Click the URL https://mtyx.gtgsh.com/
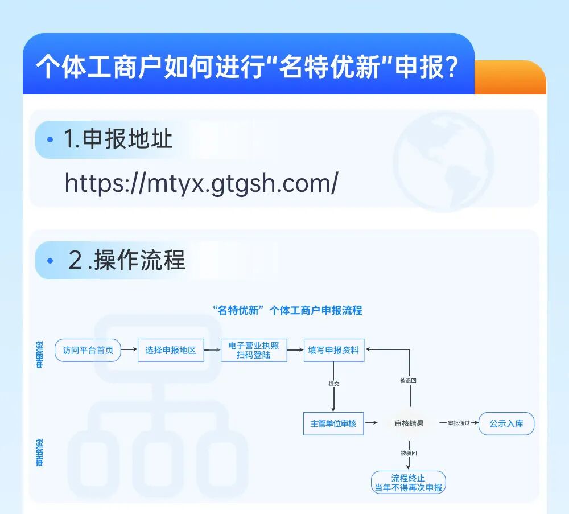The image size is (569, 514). pyautogui.click(x=201, y=183)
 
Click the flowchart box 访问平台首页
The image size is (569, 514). pyautogui.click(x=88, y=350)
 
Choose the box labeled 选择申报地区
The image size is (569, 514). pyautogui.click(x=171, y=350)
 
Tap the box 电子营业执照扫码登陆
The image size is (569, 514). pyautogui.click(x=254, y=350)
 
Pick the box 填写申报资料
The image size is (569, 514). pyautogui.click(x=333, y=350)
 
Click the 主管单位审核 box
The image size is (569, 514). pyautogui.click(x=333, y=423)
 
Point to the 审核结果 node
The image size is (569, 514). pyautogui.click(x=409, y=423)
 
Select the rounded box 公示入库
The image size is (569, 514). pyautogui.click(x=506, y=423)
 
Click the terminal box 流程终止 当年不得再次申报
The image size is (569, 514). pyautogui.click(x=408, y=482)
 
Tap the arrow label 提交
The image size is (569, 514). pyautogui.click(x=333, y=384)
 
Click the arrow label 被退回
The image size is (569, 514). pyautogui.click(x=409, y=380)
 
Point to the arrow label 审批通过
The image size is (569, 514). pyautogui.click(x=459, y=423)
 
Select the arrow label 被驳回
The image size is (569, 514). pyautogui.click(x=409, y=453)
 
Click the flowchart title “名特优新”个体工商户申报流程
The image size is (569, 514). pyautogui.click(x=287, y=310)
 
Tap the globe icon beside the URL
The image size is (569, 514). pyautogui.click(x=443, y=161)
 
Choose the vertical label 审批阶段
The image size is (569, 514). pyautogui.click(x=40, y=453)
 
